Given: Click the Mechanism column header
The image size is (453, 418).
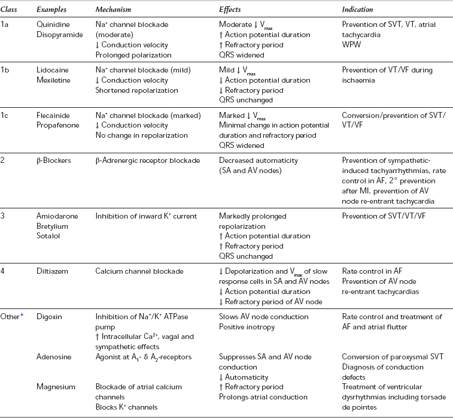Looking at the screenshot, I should (x=115, y=10).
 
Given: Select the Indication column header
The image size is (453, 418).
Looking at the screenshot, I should (x=357, y=10).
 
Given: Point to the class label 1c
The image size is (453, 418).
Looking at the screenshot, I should (x=6, y=116).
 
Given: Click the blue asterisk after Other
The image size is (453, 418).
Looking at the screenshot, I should (x=23, y=315).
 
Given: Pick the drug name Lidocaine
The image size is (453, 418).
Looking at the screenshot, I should (x=52, y=71).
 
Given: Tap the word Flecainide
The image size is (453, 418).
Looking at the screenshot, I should (x=53, y=116).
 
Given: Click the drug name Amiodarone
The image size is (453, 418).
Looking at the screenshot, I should (x=56, y=216).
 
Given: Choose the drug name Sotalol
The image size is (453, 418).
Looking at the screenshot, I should (x=48, y=235).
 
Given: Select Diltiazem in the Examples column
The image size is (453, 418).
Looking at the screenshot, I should (x=52, y=271).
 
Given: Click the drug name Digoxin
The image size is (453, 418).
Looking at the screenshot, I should (x=49, y=316).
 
